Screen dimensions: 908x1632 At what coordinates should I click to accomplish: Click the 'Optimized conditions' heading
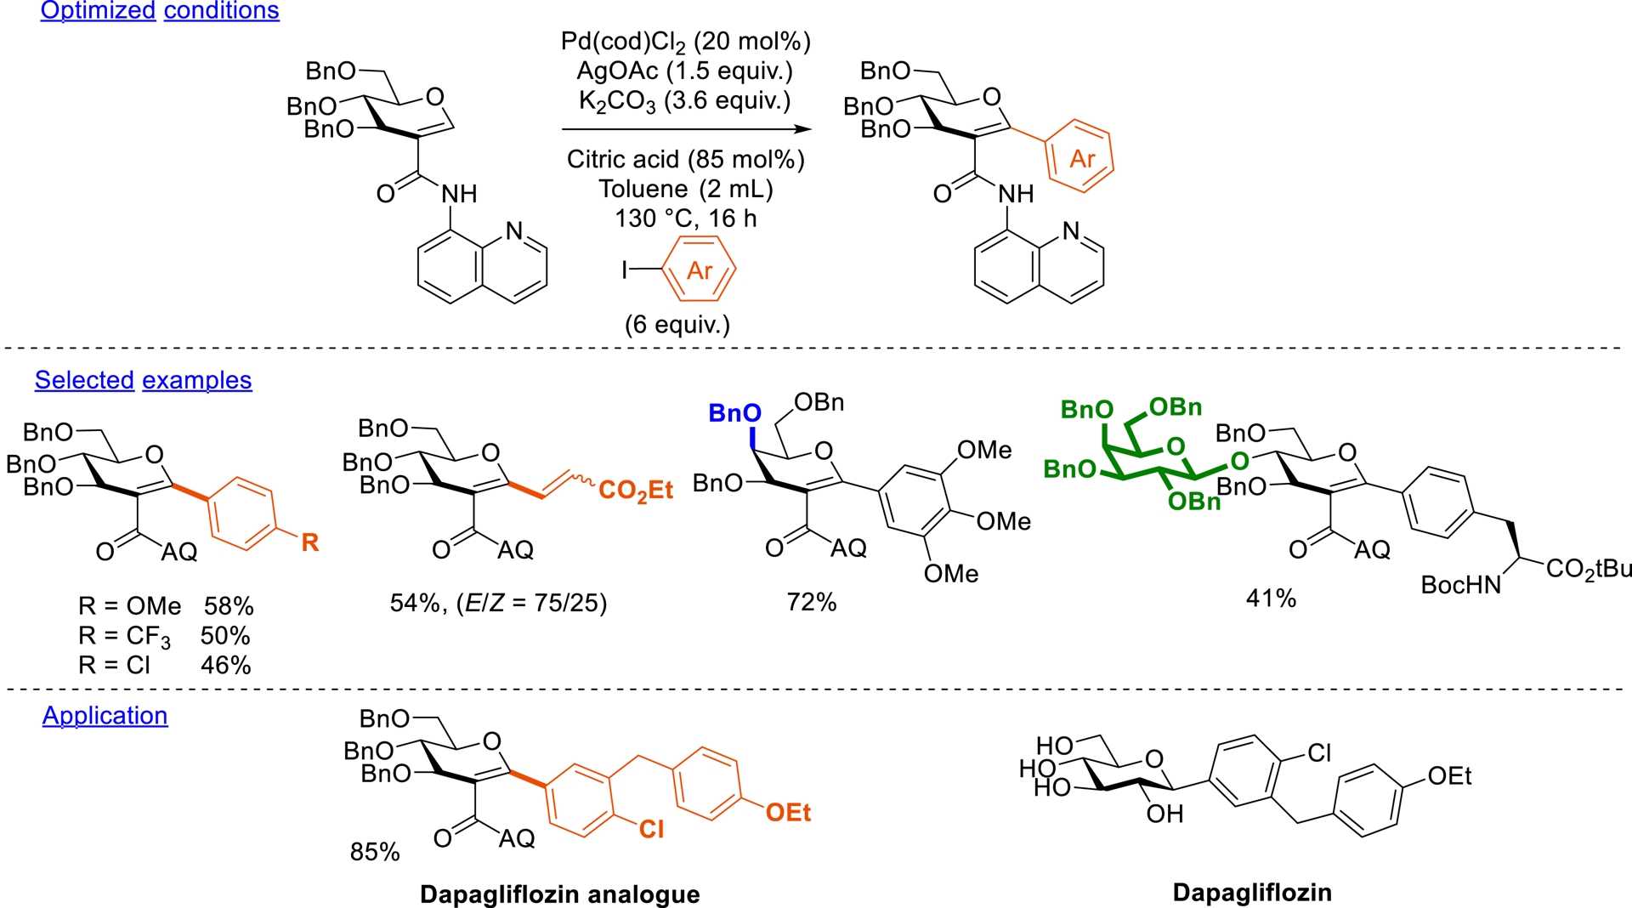coord(160,11)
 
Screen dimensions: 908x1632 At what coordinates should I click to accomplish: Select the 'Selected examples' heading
coord(143,380)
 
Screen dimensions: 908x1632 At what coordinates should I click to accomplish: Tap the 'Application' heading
coord(105,716)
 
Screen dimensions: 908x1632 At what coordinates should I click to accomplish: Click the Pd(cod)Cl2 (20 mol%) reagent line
coord(685,42)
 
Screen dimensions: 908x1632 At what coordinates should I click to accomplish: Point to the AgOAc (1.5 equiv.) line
coord(684,71)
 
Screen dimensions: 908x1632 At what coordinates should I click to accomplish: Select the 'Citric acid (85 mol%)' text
coord(685,160)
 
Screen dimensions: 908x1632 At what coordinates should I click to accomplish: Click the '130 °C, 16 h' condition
coord(685,218)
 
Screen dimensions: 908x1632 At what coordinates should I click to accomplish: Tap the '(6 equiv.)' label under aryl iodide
coord(677,325)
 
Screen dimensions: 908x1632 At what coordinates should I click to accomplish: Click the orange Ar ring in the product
coord(1080,158)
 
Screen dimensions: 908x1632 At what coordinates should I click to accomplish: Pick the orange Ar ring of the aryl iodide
coord(699,270)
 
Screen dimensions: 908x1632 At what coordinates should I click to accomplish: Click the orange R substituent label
coord(310,542)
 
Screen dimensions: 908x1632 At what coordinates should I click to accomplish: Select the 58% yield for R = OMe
coord(229,606)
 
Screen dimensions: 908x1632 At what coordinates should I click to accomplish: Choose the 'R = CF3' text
coord(124,636)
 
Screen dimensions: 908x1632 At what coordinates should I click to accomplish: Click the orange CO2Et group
coord(636,491)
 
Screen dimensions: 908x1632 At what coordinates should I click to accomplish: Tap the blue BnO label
coord(734,414)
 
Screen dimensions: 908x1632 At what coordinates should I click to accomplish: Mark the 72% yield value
coord(812,603)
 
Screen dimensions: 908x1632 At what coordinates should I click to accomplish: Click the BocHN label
coord(1461,585)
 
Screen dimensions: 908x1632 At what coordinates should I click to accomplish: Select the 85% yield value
coord(375,852)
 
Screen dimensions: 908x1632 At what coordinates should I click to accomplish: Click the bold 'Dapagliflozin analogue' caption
coord(560,894)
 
